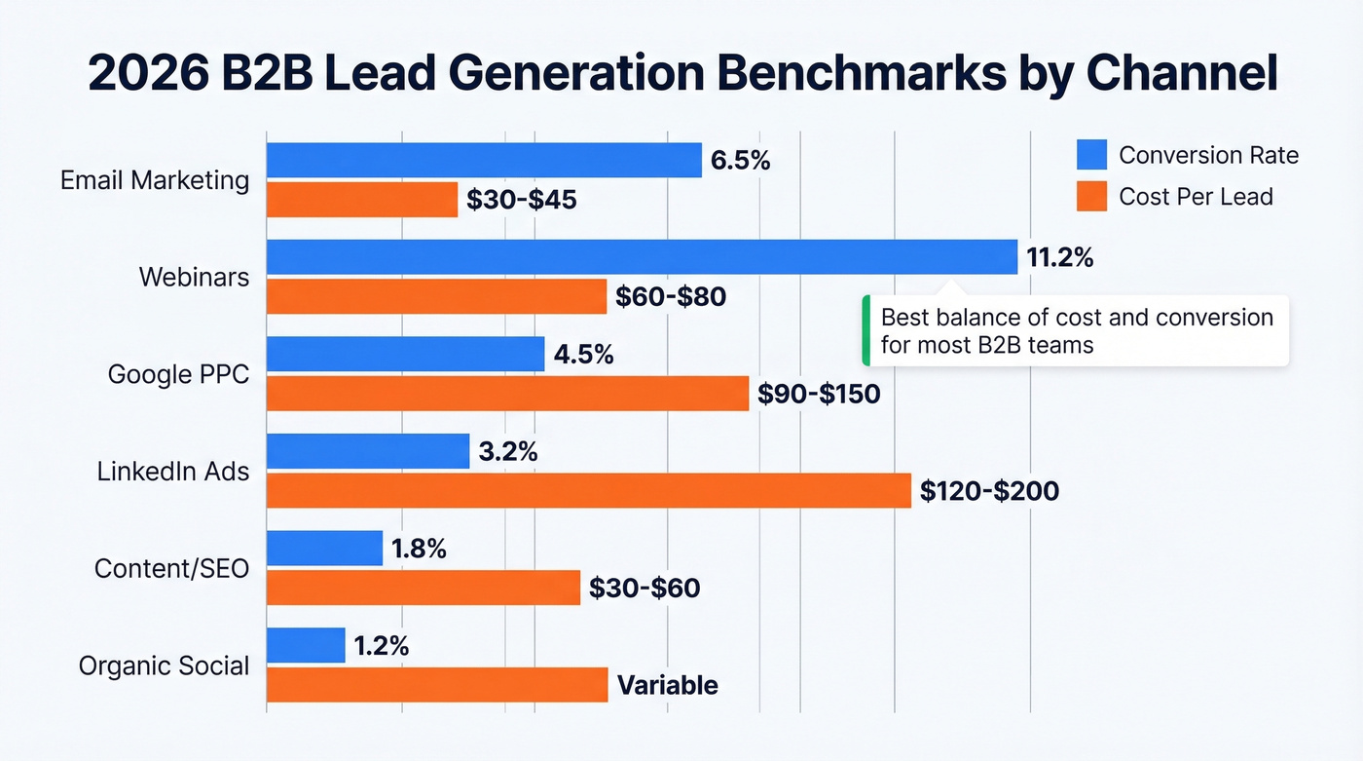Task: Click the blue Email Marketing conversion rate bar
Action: pyautogui.click(x=484, y=160)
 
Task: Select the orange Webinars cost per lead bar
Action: pyautogui.click(x=436, y=296)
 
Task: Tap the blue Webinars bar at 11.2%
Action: pyautogui.click(x=642, y=257)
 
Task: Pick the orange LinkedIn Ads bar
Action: pyautogui.click(x=588, y=490)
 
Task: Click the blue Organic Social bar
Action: pyautogui.click(x=306, y=645)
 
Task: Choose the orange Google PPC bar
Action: pyautogui.click(x=507, y=393)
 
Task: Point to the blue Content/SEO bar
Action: pyautogui.click(x=324, y=549)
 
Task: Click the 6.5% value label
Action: pyautogui.click(x=740, y=161)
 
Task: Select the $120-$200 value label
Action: pyautogui.click(x=989, y=492)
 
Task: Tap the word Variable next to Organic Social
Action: pyautogui.click(x=668, y=685)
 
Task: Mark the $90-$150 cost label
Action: pyautogui.click(x=819, y=395)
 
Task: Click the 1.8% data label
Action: pyautogui.click(x=419, y=550)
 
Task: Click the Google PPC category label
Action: pyautogui.click(x=178, y=374)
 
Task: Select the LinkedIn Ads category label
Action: pyautogui.click(x=173, y=472)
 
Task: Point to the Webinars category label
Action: pyautogui.click(x=194, y=277)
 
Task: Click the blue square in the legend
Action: pyautogui.click(x=1091, y=155)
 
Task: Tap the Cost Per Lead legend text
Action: pyautogui.click(x=1196, y=197)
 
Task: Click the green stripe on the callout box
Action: pyautogui.click(x=866, y=330)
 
